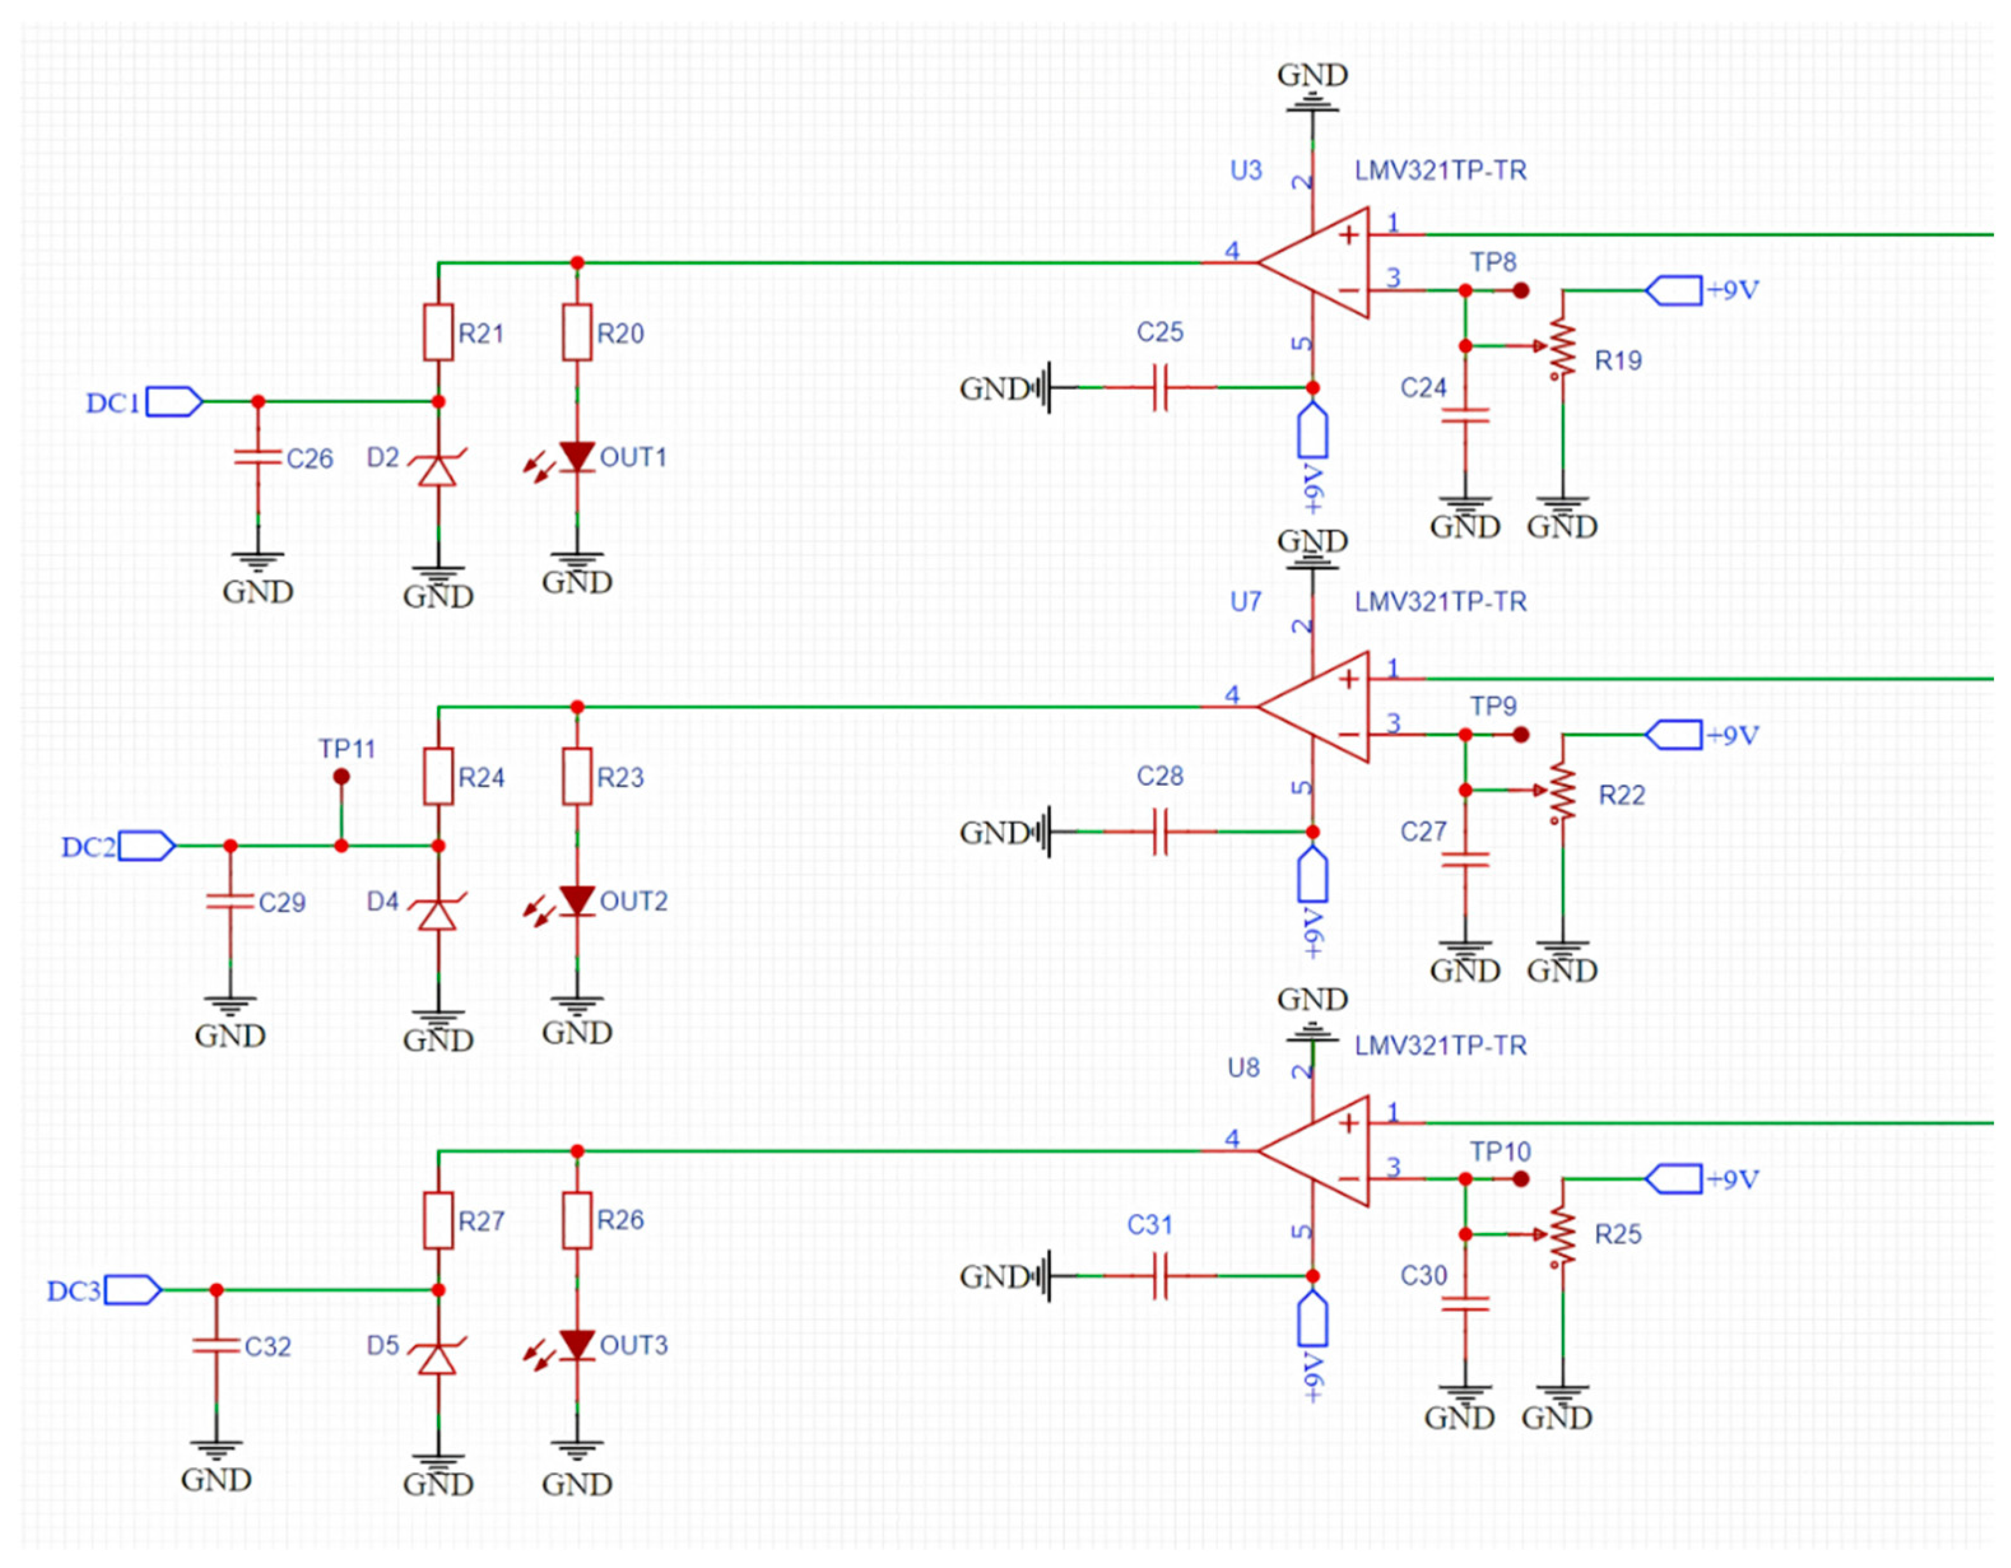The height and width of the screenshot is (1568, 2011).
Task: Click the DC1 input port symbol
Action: coord(173,401)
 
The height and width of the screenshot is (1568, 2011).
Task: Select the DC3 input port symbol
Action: coord(132,1290)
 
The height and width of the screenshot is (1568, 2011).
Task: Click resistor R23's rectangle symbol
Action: coord(577,776)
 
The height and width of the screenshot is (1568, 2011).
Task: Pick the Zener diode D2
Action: coord(438,469)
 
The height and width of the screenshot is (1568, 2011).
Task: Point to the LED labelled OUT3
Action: coord(576,1344)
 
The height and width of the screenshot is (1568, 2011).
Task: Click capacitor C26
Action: coord(258,457)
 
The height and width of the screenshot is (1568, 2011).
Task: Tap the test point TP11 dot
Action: coord(341,776)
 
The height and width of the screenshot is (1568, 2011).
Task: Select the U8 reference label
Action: coord(1243,1068)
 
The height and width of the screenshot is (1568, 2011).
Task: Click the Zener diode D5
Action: coord(438,1358)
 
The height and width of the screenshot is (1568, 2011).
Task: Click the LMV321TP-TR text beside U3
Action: coord(1440,170)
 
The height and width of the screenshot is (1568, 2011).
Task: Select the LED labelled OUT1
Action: coord(576,456)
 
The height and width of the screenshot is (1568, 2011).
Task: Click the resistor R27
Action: coord(438,1220)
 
